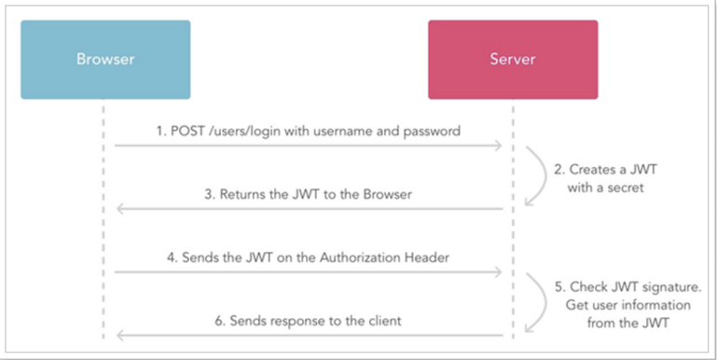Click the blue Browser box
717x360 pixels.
105,60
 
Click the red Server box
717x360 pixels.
512,60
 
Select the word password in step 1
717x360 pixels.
431,132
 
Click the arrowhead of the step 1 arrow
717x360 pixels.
500,145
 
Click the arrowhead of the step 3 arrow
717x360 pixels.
117,209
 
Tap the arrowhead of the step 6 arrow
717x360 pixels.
117,335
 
